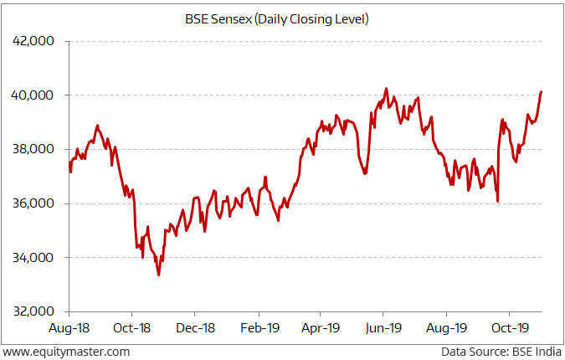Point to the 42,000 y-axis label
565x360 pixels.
tap(36, 41)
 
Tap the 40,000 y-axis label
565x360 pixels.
tap(36, 95)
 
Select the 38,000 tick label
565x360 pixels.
tap(36, 149)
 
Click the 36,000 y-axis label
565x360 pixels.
tap(36, 203)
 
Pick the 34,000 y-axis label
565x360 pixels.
tap(36, 258)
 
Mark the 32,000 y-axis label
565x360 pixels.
tap(36, 311)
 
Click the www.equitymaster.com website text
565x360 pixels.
tap(67, 352)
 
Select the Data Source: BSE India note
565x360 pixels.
tap(501, 352)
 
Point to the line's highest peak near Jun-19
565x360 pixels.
tap(386, 88)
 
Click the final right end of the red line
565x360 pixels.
tap(542, 92)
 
